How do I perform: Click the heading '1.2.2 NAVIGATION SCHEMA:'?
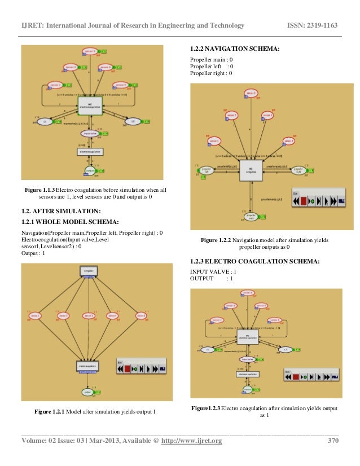pyautogui.click(x=234, y=49)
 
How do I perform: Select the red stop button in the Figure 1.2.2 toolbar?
pyautogui.click(x=304, y=200)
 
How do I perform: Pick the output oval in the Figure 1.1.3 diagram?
pyautogui.click(x=89, y=170)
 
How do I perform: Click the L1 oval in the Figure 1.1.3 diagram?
pyautogui.click(x=45, y=121)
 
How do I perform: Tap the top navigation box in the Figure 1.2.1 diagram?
pyautogui.click(x=88, y=271)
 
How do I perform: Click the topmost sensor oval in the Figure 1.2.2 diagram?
pyautogui.click(x=251, y=93)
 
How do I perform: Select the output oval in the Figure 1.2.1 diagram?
pyautogui.click(x=87, y=391)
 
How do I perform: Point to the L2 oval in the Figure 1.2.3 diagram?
pyautogui.click(x=286, y=349)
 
